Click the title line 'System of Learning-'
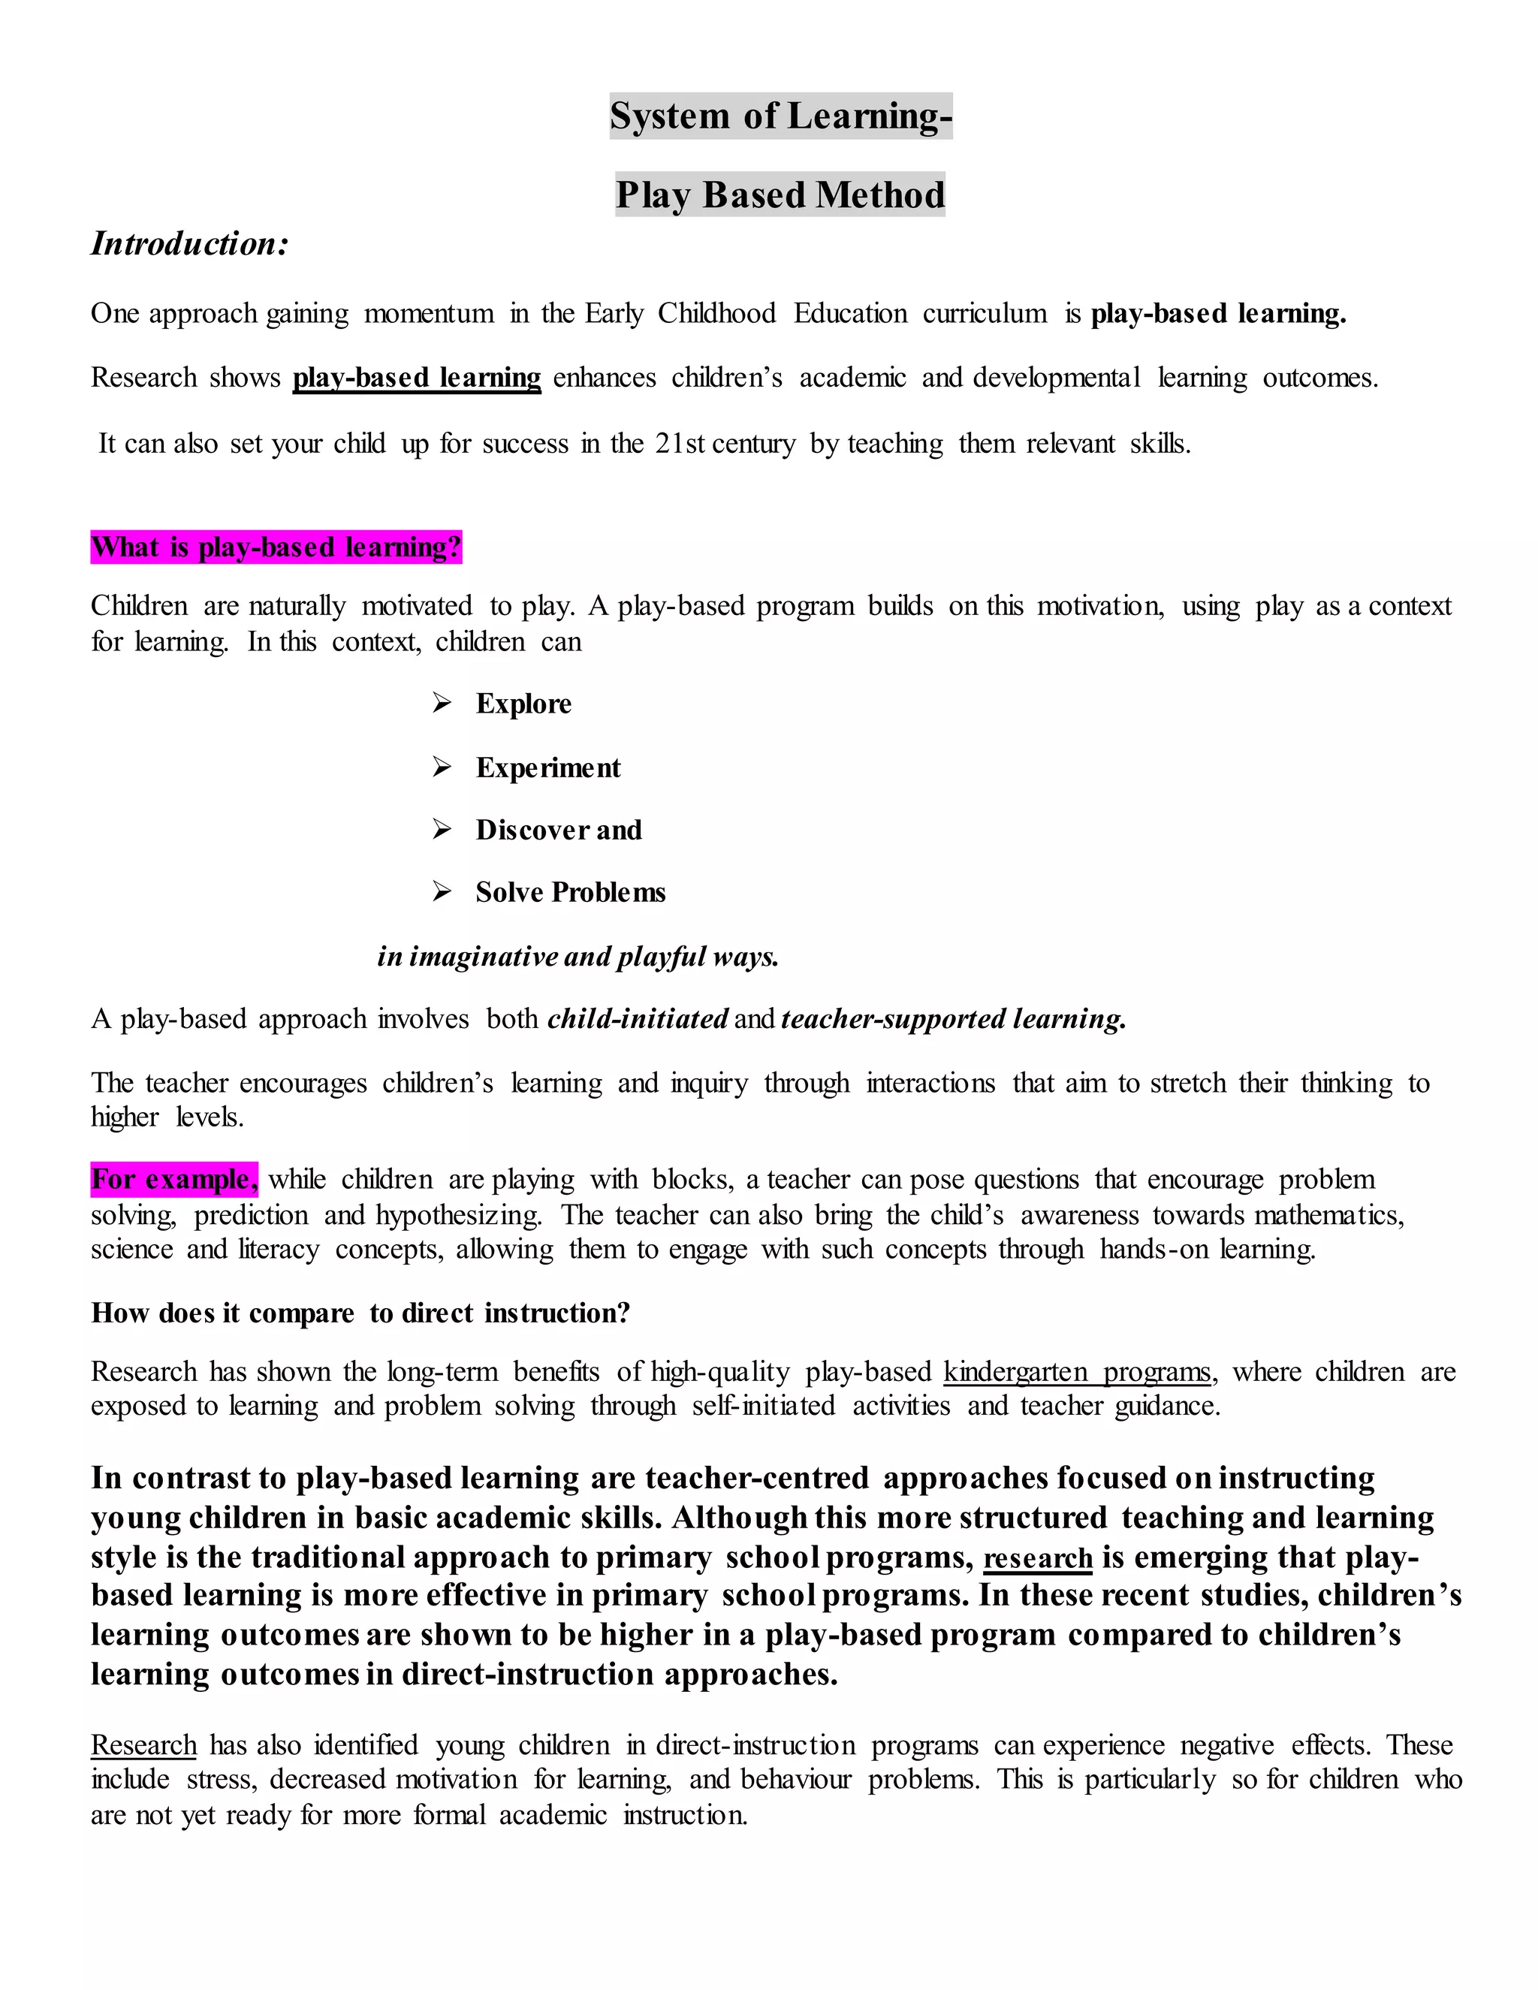(x=780, y=116)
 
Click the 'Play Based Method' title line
(x=780, y=195)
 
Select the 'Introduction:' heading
(x=189, y=244)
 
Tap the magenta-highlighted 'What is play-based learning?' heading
(x=276, y=547)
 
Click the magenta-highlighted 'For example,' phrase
(x=174, y=1179)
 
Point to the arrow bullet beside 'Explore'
(x=442, y=704)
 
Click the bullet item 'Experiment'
(x=547, y=768)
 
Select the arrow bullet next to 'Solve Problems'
(x=442, y=892)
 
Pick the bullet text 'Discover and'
(x=559, y=830)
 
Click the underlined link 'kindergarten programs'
(x=1077, y=1371)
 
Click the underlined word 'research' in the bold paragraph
(x=1038, y=1558)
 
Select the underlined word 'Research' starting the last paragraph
(x=144, y=1745)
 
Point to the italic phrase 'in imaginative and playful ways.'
(x=578, y=957)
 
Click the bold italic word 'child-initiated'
(x=638, y=1019)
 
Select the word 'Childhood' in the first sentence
(x=717, y=313)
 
